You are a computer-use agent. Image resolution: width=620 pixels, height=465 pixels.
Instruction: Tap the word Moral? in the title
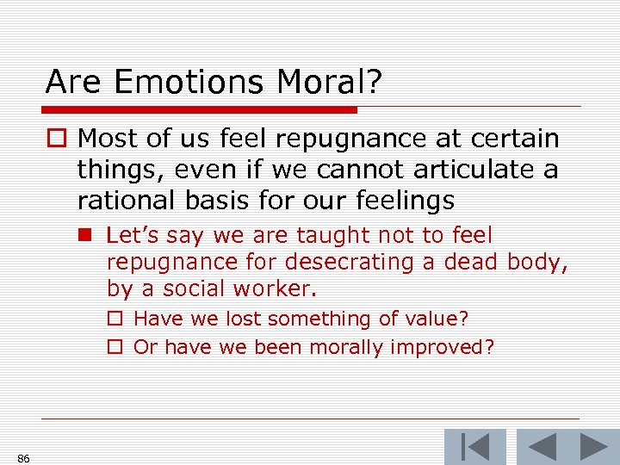[x=330, y=82]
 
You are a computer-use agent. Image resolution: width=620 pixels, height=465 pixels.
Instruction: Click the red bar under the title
[x=199, y=110]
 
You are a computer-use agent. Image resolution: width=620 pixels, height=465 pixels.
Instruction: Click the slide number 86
[x=23, y=458]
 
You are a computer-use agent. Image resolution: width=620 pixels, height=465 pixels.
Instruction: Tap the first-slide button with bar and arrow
[x=474, y=447]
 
